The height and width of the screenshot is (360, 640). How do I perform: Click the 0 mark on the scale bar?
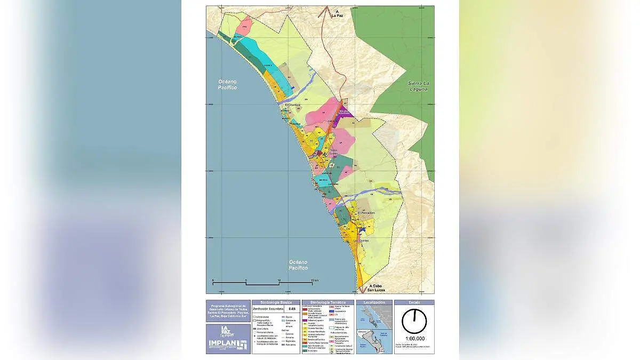213,281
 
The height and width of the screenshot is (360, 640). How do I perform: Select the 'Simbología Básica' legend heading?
274,302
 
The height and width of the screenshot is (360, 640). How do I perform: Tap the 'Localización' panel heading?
374,302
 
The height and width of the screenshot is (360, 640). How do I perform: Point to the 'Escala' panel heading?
414,302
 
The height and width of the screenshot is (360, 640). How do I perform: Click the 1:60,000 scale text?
414,338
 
